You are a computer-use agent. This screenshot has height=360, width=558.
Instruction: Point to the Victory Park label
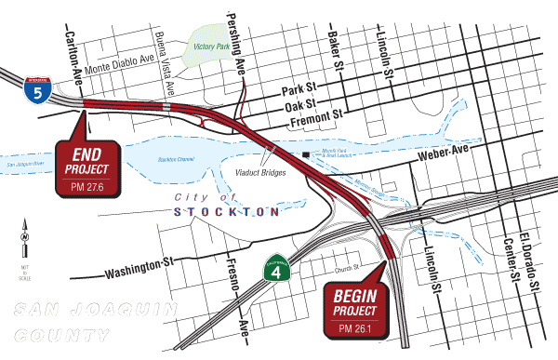(210, 47)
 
